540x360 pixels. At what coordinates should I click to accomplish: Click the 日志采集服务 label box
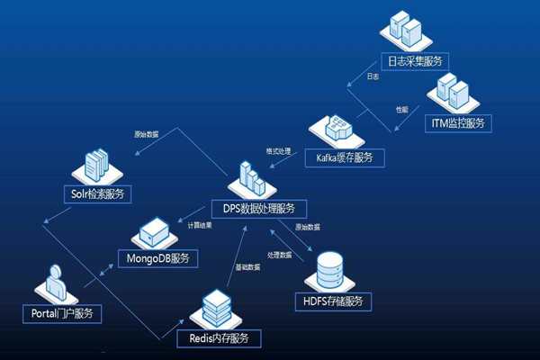pyautogui.click(x=415, y=61)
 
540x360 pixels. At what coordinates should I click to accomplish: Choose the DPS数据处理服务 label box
pyautogui.click(x=258, y=209)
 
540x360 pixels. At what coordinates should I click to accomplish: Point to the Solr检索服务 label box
pyautogui.click(x=98, y=193)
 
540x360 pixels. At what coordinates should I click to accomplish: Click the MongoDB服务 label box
pyautogui.click(x=158, y=258)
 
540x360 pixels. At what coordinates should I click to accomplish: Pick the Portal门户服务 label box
pyautogui.click(x=61, y=313)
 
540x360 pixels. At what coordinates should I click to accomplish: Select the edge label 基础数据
pyautogui.click(x=248, y=266)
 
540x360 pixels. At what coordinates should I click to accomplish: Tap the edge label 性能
pyautogui.click(x=401, y=109)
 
